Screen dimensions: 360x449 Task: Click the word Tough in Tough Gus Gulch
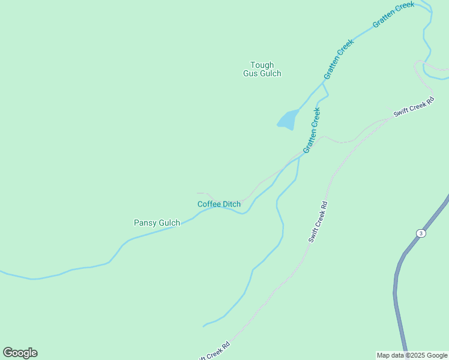click(x=262, y=65)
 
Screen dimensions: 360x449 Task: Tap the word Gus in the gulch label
click(x=251, y=74)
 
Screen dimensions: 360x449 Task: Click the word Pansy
click(x=145, y=223)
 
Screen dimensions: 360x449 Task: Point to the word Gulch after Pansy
click(x=169, y=223)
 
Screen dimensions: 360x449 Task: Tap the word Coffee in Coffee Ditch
click(x=209, y=204)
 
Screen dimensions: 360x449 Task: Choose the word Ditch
click(x=232, y=204)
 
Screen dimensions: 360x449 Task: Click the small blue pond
click(x=288, y=119)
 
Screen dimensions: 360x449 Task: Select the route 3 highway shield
click(x=421, y=233)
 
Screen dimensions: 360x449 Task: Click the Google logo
click(x=20, y=353)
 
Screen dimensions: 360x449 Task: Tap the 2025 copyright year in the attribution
click(x=416, y=355)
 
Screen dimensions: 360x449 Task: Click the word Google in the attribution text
click(x=436, y=355)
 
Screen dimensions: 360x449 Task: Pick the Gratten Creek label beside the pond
click(x=312, y=130)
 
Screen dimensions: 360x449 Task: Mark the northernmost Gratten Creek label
click(x=393, y=14)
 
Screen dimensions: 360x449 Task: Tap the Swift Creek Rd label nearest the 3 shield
click(x=318, y=221)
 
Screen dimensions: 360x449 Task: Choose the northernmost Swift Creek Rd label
click(x=414, y=107)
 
